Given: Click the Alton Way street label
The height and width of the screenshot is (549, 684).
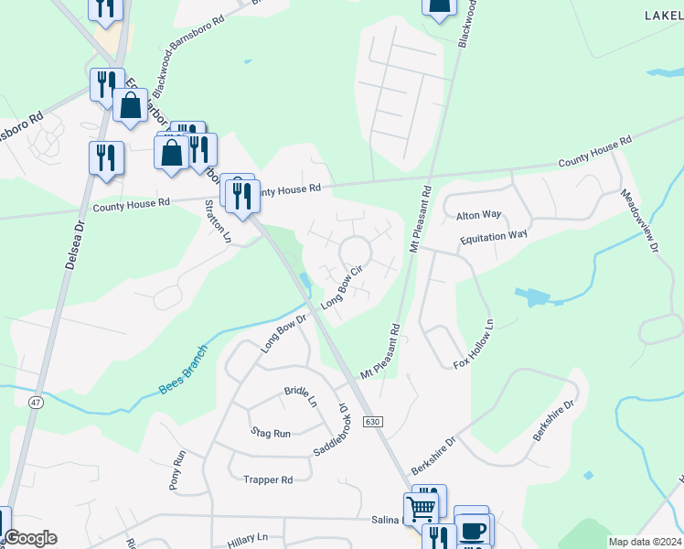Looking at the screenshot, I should [x=479, y=215].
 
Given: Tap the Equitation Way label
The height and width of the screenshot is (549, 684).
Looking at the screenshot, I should [x=495, y=235].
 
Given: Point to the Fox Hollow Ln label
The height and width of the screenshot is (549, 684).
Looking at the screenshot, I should [x=474, y=344].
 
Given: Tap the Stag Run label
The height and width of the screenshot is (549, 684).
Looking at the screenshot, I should [x=270, y=432].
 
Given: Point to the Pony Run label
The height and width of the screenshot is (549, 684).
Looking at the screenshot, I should [x=177, y=470].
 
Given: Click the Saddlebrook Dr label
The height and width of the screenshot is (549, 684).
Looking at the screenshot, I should [x=332, y=430].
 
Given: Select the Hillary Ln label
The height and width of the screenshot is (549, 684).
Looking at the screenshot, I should [x=247, y=538].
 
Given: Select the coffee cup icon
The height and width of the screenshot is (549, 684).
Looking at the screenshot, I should [x=473, y=531].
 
